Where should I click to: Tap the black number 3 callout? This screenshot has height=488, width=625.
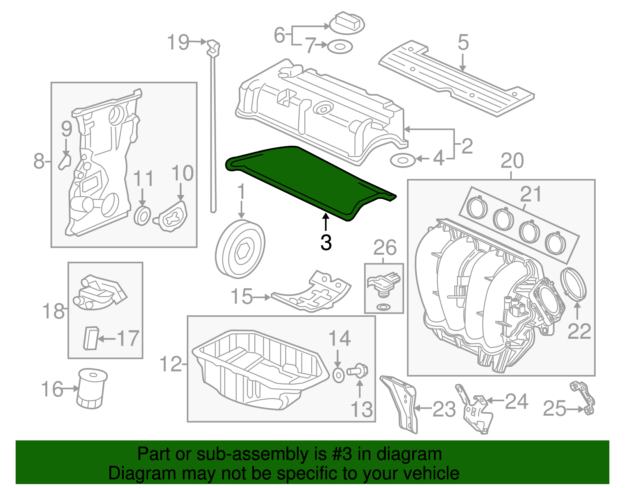click(326, 242)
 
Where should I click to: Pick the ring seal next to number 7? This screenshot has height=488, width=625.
click(339, 47)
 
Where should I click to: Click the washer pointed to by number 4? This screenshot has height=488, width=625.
click(403, 160)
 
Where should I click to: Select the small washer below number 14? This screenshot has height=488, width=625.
click(339, 375)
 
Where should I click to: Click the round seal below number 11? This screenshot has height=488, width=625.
click(143, 216)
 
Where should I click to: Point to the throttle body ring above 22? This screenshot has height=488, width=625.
click(573, 284)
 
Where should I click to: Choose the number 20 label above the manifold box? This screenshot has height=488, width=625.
click(512, 161)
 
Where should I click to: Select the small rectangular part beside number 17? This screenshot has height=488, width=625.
click(90, 338)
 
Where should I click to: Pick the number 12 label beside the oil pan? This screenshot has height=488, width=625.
click(171, 365)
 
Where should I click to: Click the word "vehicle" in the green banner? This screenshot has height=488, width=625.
click(431, 474)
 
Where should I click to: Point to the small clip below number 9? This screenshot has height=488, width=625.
click(65, 161)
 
